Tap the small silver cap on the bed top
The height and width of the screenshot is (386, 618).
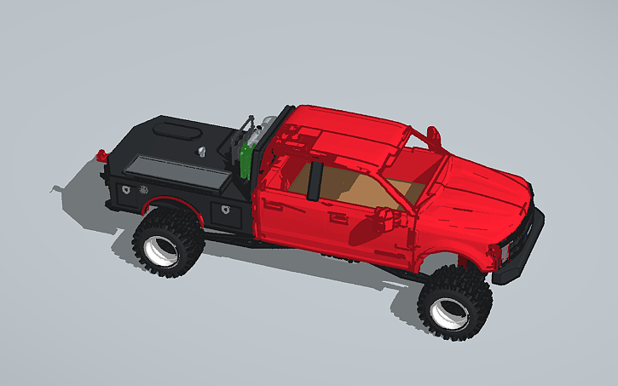203,151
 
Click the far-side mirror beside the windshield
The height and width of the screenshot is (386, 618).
433,134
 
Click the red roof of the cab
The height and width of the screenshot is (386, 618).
358,136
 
